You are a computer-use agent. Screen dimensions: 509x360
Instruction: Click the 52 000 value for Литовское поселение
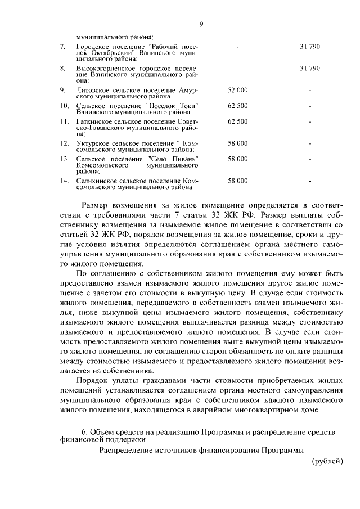pyautogui.click(x=237, y=90)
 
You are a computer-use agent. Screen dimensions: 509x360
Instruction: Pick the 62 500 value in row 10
pyautogui.click(x=237, y=106)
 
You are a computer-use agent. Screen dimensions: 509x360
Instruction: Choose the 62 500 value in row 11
pyautogui.click(x=237, y=121)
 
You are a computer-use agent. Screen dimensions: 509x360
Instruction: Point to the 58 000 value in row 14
pyautogui.click(x=237, y=181)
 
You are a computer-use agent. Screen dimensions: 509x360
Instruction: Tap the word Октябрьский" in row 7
pyautogui.click(x=106, y=52)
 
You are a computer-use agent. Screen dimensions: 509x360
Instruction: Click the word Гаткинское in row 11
pyautogui.click(x=93, y=121)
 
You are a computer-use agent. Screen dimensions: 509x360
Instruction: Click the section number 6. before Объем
pyautogui.click(x=84, y=431)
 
